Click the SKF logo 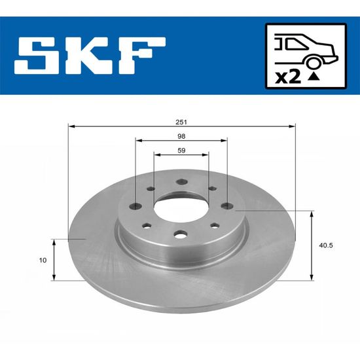click(x=90, y=56)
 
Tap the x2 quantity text click(x=288, y=77)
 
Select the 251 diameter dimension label click(x=181, y=122)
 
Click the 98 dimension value click(x=181, y=136)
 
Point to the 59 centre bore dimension click(x=181, y=151)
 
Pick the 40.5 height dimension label click(x=326, y=245)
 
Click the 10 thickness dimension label click(x=43, y=260)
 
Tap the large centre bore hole click(x=181, y=208)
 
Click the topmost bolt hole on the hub click(x=182, y=182)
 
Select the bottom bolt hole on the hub click(x=181, y=234)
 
